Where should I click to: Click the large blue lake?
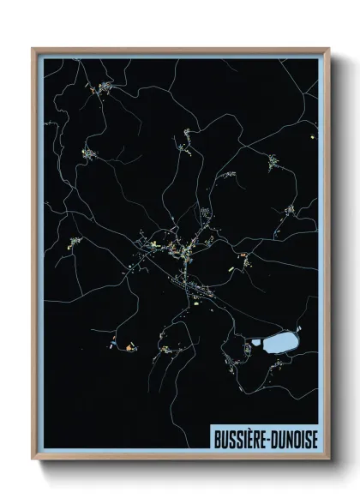279,345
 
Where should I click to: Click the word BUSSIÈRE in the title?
237,438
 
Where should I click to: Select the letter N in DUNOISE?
287,438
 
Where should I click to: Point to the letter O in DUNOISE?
295,438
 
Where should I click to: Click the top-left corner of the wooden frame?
33,49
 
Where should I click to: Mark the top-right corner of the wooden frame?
328,49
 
